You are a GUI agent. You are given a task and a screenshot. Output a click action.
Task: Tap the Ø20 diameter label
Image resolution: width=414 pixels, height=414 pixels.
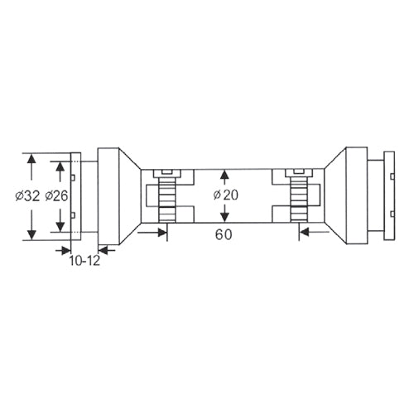pos(225,195)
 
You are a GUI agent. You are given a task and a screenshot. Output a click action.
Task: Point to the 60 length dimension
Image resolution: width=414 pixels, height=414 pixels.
pos(223,234)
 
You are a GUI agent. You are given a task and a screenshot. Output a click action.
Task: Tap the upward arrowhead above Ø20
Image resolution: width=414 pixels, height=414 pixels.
pos(224,176)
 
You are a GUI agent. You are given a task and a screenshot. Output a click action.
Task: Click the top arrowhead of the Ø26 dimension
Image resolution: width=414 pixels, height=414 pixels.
pos(60,166)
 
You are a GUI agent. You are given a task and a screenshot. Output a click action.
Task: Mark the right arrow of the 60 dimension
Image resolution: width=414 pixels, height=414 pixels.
pos(304,233)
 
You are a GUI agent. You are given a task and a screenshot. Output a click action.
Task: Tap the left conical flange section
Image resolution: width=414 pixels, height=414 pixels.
pos(129,197)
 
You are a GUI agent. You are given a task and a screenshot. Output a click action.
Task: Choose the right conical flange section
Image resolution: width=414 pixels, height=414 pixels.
pos(335,197)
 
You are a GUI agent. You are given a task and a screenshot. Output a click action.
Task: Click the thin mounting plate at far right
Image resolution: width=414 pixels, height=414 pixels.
pos(387,197)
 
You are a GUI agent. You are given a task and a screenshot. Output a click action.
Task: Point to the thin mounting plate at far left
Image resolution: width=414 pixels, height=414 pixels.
pos(75,197)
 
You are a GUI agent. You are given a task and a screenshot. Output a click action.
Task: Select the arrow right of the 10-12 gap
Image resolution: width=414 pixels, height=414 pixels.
pos(104,248)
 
